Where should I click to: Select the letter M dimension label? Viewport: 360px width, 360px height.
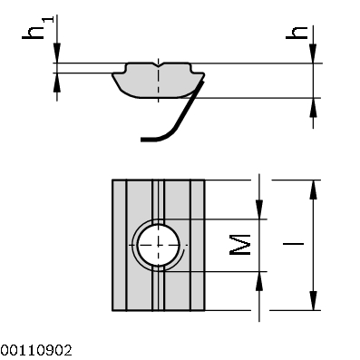coord(238,244)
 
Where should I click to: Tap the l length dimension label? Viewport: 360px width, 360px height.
coord(292,245)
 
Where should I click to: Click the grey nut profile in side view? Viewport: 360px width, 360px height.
coord(150,83)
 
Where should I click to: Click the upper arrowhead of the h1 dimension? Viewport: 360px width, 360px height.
coord(58,54)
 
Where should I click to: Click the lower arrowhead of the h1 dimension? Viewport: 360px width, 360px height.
coord(58,81)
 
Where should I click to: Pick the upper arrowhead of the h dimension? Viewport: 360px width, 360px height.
coord(314,54)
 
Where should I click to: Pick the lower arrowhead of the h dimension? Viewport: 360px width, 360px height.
coord(314,106)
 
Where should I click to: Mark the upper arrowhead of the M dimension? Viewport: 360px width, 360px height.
coord(260,209)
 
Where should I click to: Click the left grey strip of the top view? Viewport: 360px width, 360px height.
coord(120,245)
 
